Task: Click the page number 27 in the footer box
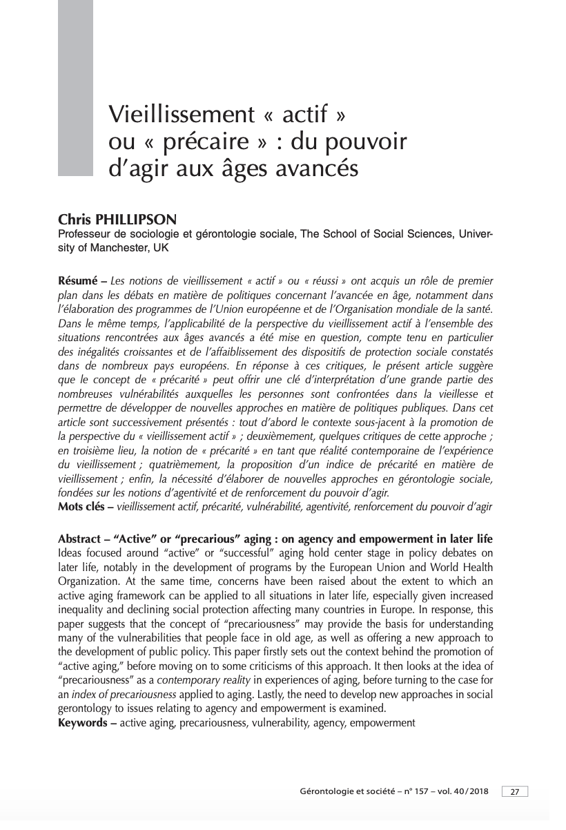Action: click(514, 791)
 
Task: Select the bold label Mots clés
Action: click(85, 508)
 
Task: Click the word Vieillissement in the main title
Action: click(182, 115)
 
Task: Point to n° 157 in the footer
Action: click(411, 791)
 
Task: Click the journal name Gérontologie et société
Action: click(342, 791)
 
